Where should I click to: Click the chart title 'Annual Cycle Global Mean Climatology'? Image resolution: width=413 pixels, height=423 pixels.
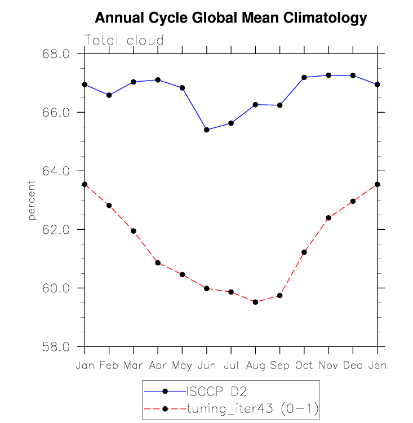coord(231,19)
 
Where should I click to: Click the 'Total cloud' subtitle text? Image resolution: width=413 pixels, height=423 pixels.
coord(124,41)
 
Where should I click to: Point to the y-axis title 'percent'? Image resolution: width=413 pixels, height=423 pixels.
coord(32,201)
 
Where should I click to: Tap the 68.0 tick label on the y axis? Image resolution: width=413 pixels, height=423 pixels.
coord(56,54)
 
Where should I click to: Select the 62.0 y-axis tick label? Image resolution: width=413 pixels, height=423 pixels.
coord(56,230)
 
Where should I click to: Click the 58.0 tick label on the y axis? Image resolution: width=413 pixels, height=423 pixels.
coord(56,347)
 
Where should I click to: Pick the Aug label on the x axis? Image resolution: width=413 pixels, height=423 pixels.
coord(255,366)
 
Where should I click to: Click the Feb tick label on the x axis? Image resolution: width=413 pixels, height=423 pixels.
coord(109,366)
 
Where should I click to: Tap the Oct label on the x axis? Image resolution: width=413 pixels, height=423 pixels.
coord(304,366)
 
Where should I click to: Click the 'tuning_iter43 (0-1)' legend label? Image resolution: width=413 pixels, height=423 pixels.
coord(253,408)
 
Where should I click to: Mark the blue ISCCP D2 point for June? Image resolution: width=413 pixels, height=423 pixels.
coord(207,130)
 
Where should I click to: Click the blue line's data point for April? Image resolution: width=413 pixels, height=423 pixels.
coord(158,80)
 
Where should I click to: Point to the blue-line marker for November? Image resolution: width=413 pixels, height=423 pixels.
coord(328,75)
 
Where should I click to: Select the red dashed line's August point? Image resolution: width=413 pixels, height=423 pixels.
coord(255,302)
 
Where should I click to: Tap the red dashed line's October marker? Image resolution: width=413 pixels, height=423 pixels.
coord(304,252)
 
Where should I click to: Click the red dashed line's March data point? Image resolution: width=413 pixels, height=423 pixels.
coord(134,231)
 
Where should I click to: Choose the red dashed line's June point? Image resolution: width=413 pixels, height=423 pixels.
coord(207,288)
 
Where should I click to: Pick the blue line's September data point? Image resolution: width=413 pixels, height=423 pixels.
coord(279,105)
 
